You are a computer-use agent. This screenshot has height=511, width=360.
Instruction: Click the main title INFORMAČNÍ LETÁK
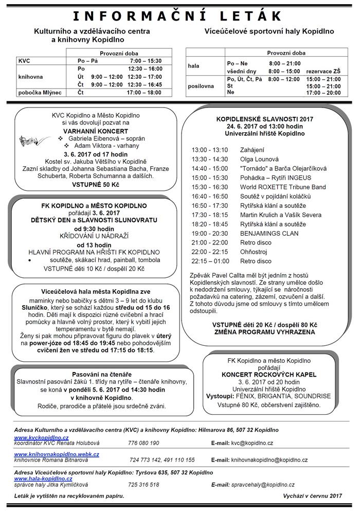(x=179, y=15)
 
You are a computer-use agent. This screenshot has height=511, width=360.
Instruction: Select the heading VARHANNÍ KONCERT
(x=92, y=131)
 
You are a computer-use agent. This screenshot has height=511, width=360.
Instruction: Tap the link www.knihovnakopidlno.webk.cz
(x=57, y=454)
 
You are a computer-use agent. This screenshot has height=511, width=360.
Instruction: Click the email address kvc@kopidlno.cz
(x=252, y=443)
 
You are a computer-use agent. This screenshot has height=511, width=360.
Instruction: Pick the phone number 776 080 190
(x=143, y=443)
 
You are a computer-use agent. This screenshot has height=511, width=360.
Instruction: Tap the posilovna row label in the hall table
(x=201, y=86)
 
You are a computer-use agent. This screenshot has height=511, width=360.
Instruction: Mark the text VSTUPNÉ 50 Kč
(x=92, y=183)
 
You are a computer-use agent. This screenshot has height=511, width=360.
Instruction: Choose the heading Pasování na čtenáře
(x=92, y=374)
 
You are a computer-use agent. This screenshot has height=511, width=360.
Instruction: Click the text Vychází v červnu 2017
(x=312, y=496)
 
